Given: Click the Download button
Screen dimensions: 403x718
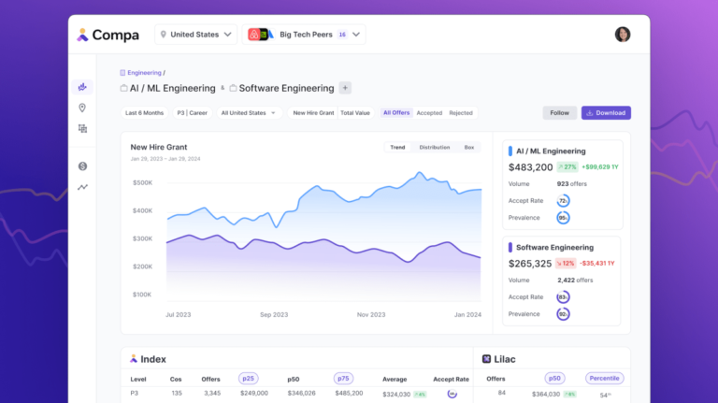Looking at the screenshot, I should (606, 113).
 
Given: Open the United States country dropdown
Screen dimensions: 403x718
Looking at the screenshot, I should (195, 35).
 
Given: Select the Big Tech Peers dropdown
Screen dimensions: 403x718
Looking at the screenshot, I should (304, 35).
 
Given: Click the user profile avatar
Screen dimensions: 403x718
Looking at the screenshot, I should (623, 35).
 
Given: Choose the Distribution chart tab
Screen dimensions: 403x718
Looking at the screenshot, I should (435, 147).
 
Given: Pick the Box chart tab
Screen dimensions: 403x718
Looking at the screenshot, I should (469, 147).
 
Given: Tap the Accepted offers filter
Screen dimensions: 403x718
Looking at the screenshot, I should (429, 113).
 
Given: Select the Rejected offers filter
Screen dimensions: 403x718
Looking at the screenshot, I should (460, 113).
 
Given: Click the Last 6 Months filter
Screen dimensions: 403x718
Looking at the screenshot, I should (144, 113).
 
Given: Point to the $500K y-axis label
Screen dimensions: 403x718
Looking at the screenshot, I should (142, 182).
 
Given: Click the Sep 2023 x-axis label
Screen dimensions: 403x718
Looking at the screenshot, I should (272, 314).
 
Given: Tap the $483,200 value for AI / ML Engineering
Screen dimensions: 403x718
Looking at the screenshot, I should (530, 167).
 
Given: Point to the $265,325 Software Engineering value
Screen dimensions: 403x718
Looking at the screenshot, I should (530, 264).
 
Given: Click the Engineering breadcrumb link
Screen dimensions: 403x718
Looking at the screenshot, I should (144, 72).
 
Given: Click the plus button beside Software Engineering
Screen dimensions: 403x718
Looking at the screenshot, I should (345, 88).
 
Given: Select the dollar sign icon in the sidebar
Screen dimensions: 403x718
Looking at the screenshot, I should (83, 166).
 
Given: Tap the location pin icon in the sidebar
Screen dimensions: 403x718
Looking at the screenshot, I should (83, 108).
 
